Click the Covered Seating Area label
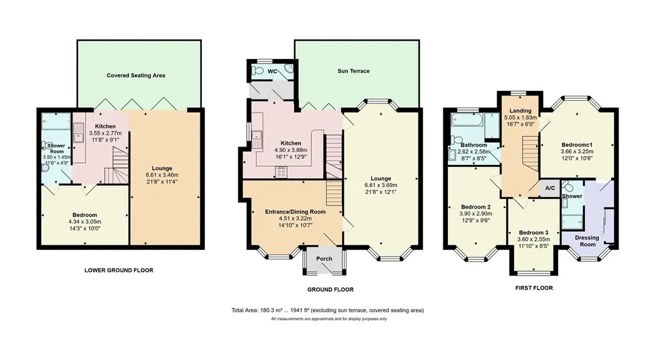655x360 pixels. pos(136,75)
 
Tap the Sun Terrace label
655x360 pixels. pos(354,71)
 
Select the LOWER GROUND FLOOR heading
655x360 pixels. pos(119,270)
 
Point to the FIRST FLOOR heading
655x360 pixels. pos(534,288)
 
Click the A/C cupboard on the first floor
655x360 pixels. pos(550,189)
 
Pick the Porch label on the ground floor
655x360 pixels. pos(324,259)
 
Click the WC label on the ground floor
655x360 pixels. pos(272,71)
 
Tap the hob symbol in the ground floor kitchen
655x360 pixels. pos(281,171)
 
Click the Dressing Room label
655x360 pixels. pos(587,241)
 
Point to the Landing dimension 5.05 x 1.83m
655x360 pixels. pos(521,118)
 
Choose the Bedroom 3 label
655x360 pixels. pos(533,232)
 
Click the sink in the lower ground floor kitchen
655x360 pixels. pos(78,134)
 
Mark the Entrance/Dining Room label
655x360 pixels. pos(295,211)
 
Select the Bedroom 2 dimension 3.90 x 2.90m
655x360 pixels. pos(476,214)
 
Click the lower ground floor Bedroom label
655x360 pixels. pos(84,215)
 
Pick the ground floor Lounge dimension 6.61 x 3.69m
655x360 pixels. pos(381,185)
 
